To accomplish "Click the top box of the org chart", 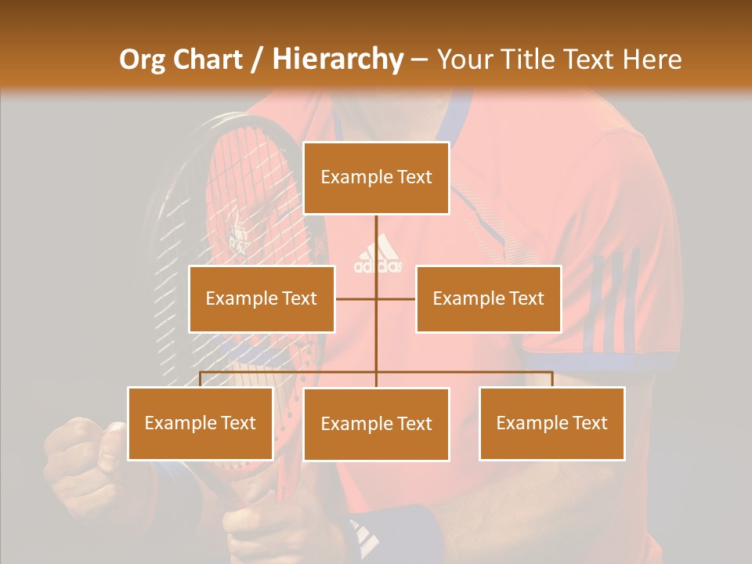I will click(x=376, y=178).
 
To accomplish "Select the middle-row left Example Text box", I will click(x=262, y=298).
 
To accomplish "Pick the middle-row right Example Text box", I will click(x=488, y=298).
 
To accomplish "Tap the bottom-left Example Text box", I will click(x=201, y=423).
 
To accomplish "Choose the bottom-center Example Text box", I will click(x=376, y=424).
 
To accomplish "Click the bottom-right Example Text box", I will click(x=551, y=423).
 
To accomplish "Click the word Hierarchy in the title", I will click(x=337, y=59).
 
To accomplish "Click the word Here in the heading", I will click(x=651, y=59).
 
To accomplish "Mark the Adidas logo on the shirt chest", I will click(x=378, y=256).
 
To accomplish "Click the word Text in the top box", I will click(x=414, y=177).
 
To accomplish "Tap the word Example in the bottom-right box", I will click(x=525, y=423).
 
